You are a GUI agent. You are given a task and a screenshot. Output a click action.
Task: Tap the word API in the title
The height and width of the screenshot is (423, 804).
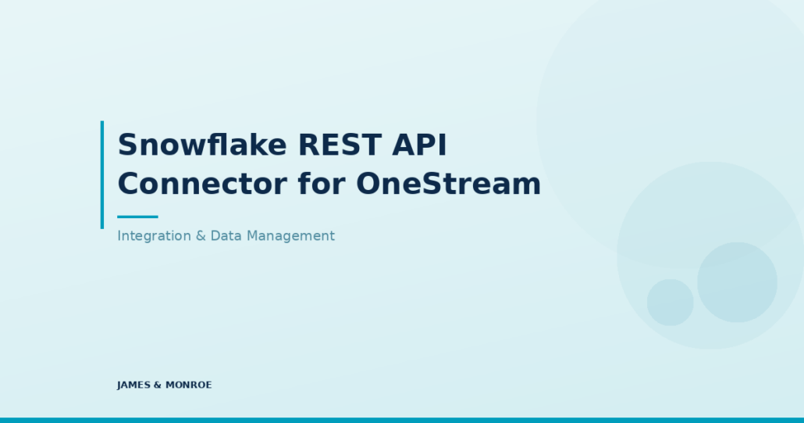[419, 145]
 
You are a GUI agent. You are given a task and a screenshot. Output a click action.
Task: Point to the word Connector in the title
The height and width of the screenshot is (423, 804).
[202, 184]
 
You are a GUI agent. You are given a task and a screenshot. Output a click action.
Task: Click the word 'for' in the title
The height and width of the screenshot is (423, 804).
[322, 183]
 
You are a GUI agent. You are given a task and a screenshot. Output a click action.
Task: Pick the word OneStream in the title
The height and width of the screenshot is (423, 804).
[449, 184]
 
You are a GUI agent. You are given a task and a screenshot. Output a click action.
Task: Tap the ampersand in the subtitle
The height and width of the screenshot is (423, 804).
[201, 236]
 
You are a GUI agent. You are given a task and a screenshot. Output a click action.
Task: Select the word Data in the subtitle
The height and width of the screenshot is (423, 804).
[226, 236]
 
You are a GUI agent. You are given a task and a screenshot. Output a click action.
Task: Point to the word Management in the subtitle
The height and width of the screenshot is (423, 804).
[290, 236]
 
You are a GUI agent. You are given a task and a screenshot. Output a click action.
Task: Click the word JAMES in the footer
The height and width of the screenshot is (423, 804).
[133, 385]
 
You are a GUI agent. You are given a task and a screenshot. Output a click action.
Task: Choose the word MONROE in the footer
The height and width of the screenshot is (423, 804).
[189, 385]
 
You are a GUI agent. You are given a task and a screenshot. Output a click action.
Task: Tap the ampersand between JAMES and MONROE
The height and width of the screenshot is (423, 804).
[158, 385]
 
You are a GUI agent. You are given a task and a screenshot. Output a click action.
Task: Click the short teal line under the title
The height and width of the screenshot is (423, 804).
[137, 217]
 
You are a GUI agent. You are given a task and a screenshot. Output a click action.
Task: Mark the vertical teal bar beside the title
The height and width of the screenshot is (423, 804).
[102, 174]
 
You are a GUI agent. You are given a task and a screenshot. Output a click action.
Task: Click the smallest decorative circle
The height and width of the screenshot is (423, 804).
[671, 303]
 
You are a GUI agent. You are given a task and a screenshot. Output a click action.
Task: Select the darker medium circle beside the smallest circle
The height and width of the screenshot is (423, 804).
[737, 282]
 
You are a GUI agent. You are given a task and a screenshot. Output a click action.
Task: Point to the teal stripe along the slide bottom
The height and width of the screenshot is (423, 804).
[402, 420]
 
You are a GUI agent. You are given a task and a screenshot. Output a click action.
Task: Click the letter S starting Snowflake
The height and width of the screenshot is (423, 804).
[128, 145]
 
